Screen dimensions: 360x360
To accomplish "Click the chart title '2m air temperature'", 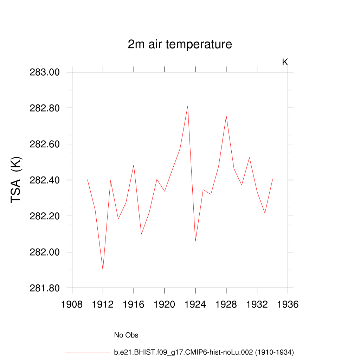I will pyautogui.click(x=180, y=45).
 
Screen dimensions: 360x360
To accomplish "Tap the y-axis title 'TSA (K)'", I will pyautogui.click(x=17, y=180).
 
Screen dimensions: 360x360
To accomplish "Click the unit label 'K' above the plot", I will pyautogui.click(x=285, y=62).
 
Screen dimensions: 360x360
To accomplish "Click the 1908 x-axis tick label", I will pyautogui.click(x=72, y=304).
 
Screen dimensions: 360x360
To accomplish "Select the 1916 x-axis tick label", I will pyautogui.click(x=134, y=304).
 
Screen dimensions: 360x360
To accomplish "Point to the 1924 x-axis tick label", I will pyautogui.click(x=195, y=304).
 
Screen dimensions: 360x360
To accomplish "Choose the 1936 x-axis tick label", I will pyautogui.click(x=288, y=304).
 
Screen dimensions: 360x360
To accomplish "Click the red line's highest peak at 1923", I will pyautogui.click(x=188, y=106).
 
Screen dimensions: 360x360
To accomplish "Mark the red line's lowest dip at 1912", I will pyautogui.click(x=103, y=270).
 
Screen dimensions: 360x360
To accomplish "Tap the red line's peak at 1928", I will pyautogui.click(x=226, y=116).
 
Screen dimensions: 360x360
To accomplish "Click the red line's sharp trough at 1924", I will pyautogui.click(x=195, y=241).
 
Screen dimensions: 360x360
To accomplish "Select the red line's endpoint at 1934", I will pyautogui.click(x=272, y=180).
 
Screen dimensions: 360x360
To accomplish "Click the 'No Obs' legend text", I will pyautogui.click(x=126, y=335).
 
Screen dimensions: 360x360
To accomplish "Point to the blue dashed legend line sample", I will pyautogui.click(x=87, y=335).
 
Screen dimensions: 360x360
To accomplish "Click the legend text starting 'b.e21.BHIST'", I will pyautogui.click(x=204, y=352).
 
